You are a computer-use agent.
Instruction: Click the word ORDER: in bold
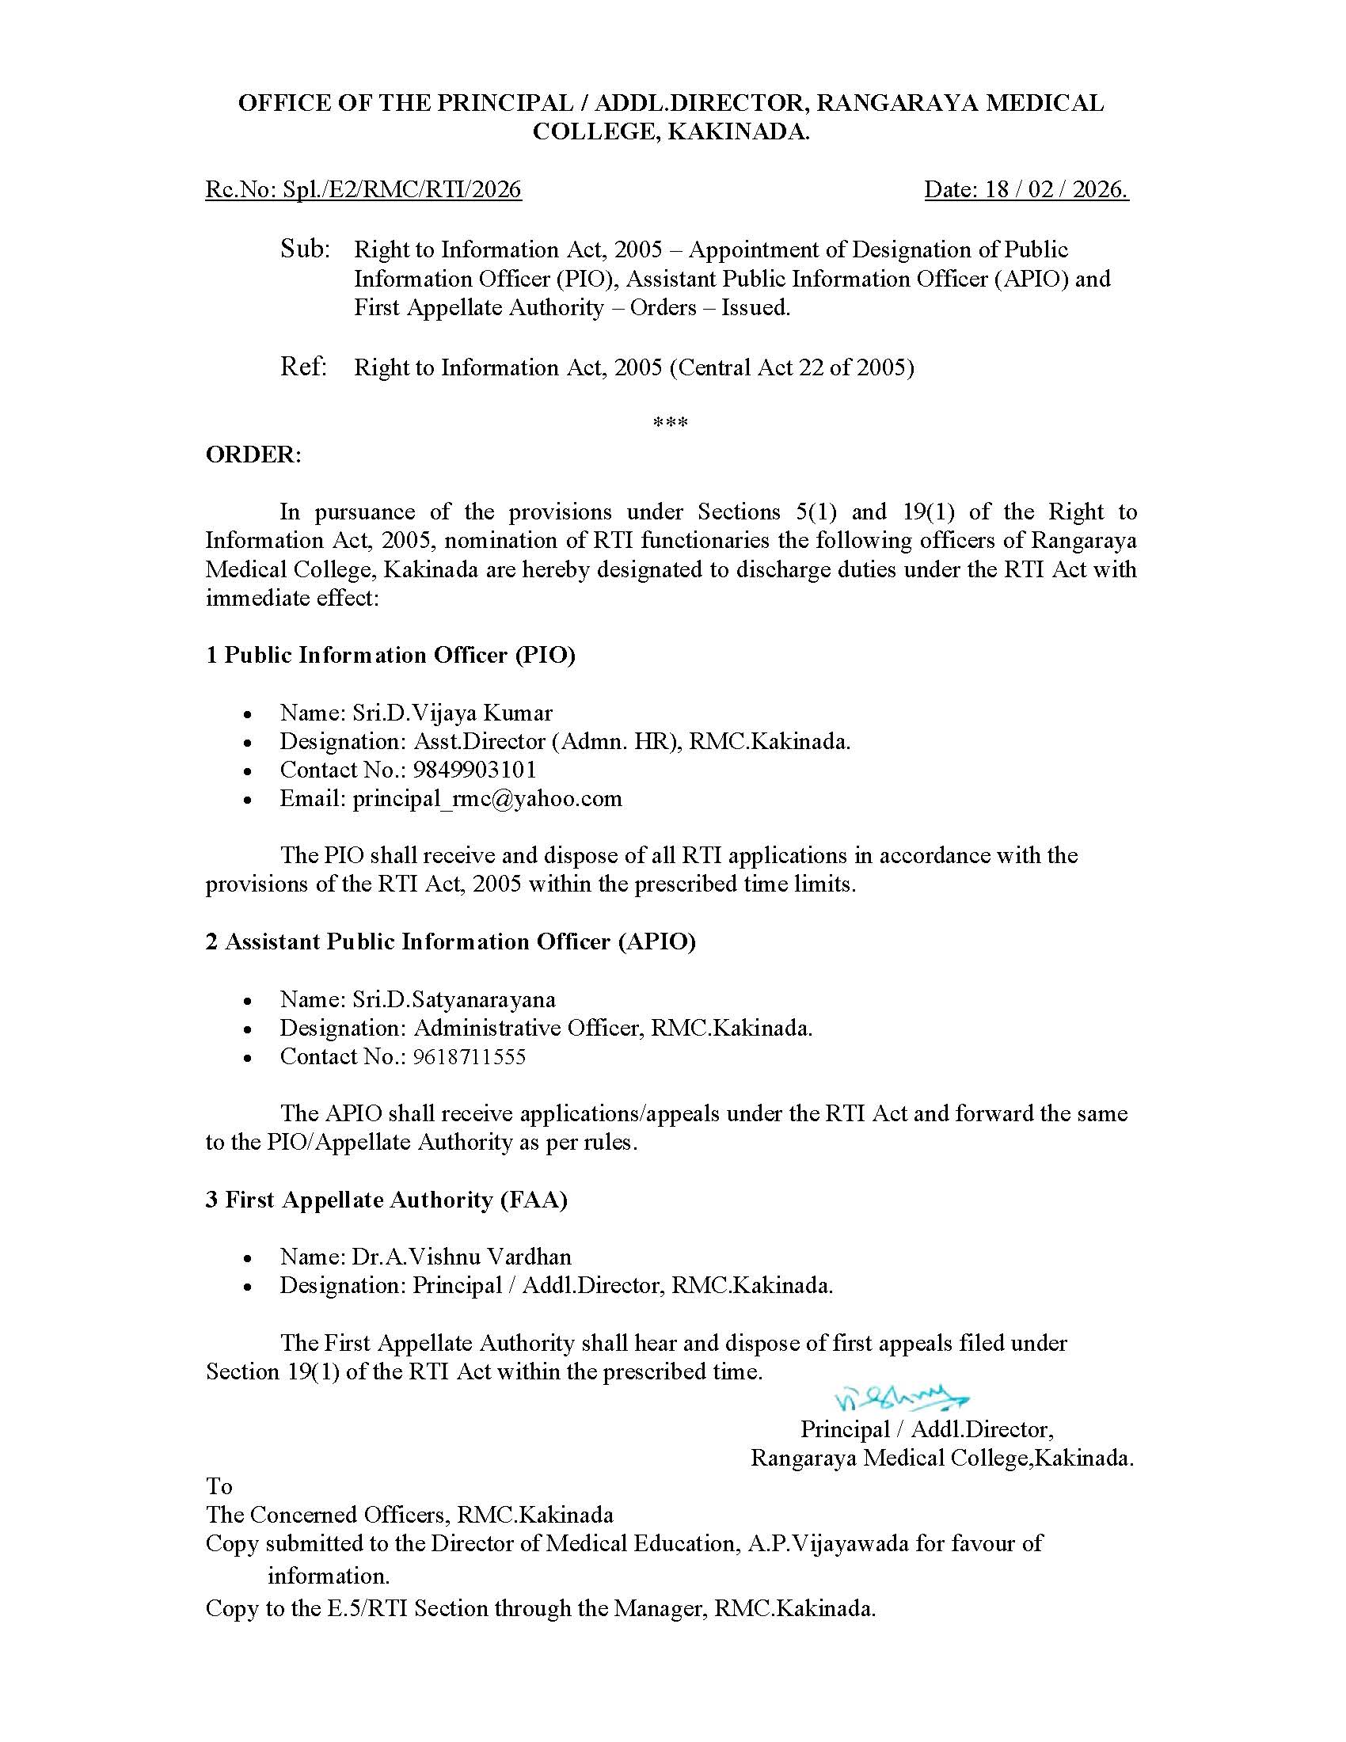pyautogui.click(x=253, y=455)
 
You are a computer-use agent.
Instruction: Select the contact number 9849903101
pyautogui.click(x=474, y=770)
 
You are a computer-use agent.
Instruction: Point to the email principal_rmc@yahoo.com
pyautogui.click(x=487, y=798)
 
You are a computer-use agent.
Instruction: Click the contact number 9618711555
pyautogui.click(x=469, y=1057)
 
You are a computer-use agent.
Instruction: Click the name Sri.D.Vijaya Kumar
pyautogui.click(x=452, y=713)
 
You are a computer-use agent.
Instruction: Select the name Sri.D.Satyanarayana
pyautogui.click(x=454, y=999)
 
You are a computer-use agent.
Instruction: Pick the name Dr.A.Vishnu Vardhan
pyautogui.click(x=462, y=1257)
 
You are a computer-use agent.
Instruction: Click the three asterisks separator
pyautogui.click(x=671, y=422)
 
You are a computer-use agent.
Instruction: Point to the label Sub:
pyautogui.click(x=305, y=249)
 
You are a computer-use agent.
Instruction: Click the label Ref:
pyautogui.click(x=304, y=367)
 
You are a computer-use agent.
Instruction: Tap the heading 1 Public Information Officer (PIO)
pyautogui.click(x=390, y=655)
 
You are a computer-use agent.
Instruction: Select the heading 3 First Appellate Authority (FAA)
pyautogui.click(x=386, y=1200)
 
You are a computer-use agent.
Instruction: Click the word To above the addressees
pyautogui.click(x=219, y=1487)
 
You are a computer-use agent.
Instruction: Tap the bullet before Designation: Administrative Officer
pyautogui.click(x=249, y=1029)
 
